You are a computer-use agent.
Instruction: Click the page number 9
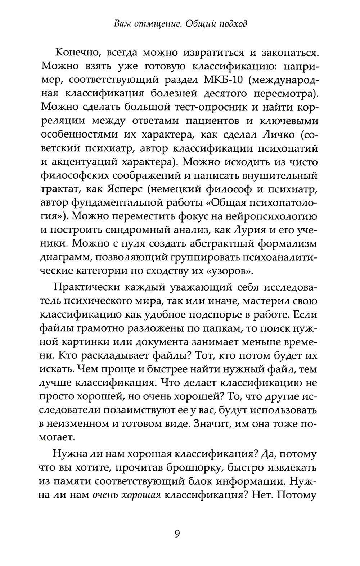177,533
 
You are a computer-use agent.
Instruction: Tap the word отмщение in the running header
150,24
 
